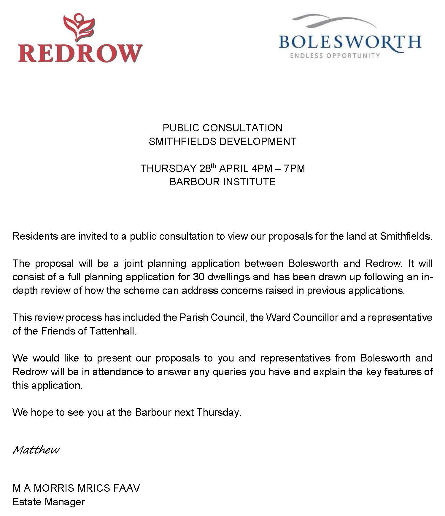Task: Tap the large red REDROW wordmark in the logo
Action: pyautogui.click(x=80, y=53)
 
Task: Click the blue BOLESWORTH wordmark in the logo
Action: pyautogui.click(x=350, y=42)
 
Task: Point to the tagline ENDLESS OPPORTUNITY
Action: pyautogui.click(x=335, y=55)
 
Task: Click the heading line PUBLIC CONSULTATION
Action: pyautogui.click(x=223, y=128)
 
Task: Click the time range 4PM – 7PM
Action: pyautogui.click(x=278, y=168)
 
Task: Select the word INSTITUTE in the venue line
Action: pyautogui.click(x=249, y=182)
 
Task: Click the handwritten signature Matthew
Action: pyautogui.click(x=36, y=450)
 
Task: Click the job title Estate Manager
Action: pyautogui.click(x=49, y=502)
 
